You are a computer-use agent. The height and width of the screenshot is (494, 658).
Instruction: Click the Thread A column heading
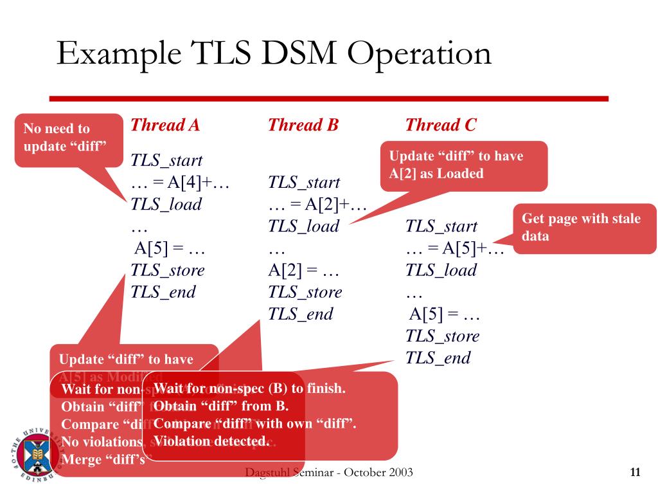(x=165, y=125)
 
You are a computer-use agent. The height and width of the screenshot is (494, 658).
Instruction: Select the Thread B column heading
(x=303, y=125)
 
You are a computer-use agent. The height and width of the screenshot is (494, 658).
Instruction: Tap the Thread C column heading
(x=441, y=125)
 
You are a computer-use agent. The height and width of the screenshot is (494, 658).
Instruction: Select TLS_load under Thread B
(x=303, y=226)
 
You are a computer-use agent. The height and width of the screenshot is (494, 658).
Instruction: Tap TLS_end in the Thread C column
(x=438, y=358)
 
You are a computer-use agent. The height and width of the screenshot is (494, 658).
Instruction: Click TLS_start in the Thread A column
(x=166, y=160)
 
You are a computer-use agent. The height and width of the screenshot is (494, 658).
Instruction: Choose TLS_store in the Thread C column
(x=442, y=336)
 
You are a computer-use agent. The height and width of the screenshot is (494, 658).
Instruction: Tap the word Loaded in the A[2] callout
(x=459, y=174)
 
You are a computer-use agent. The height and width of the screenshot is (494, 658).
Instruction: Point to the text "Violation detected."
(x=212, y=441)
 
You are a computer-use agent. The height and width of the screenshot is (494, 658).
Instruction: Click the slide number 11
(x=635, y=473)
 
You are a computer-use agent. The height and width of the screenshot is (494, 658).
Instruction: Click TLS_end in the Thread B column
(x=300, y=315)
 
